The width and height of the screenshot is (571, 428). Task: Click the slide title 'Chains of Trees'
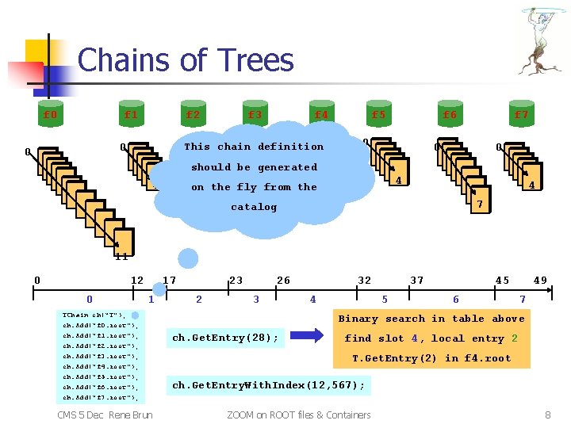click(x=186, y=60)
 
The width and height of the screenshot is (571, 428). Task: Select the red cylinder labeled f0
click(x=50, y=114)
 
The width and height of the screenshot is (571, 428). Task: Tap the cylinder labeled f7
click(x=521, y=114)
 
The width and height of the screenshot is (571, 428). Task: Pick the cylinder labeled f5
click(x=378, y=114)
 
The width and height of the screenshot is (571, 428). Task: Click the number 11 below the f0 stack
click(x=121, y=256)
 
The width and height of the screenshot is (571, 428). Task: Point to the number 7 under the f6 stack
click(x=478, y=204)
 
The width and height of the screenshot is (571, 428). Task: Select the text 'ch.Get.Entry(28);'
click(x=225, y=338)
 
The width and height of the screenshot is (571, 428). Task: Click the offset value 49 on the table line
click(x=540, y=280)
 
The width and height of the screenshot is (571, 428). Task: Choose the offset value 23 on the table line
click(x=236, y=280)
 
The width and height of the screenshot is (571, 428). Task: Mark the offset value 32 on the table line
click(x=364, y=280)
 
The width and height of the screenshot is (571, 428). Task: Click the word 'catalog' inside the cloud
click(x=254, y=207)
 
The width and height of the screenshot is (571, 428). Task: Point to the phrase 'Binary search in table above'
click(x=431, y=319)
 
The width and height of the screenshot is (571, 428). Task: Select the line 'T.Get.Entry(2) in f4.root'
click(x=431, y=358)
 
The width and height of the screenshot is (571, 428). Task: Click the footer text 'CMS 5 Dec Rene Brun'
click(x=105, y=415)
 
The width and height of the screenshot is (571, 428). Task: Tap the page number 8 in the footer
click(x=548, y=415)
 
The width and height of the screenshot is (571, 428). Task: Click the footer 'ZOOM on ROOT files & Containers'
click(x=298, y=415)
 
